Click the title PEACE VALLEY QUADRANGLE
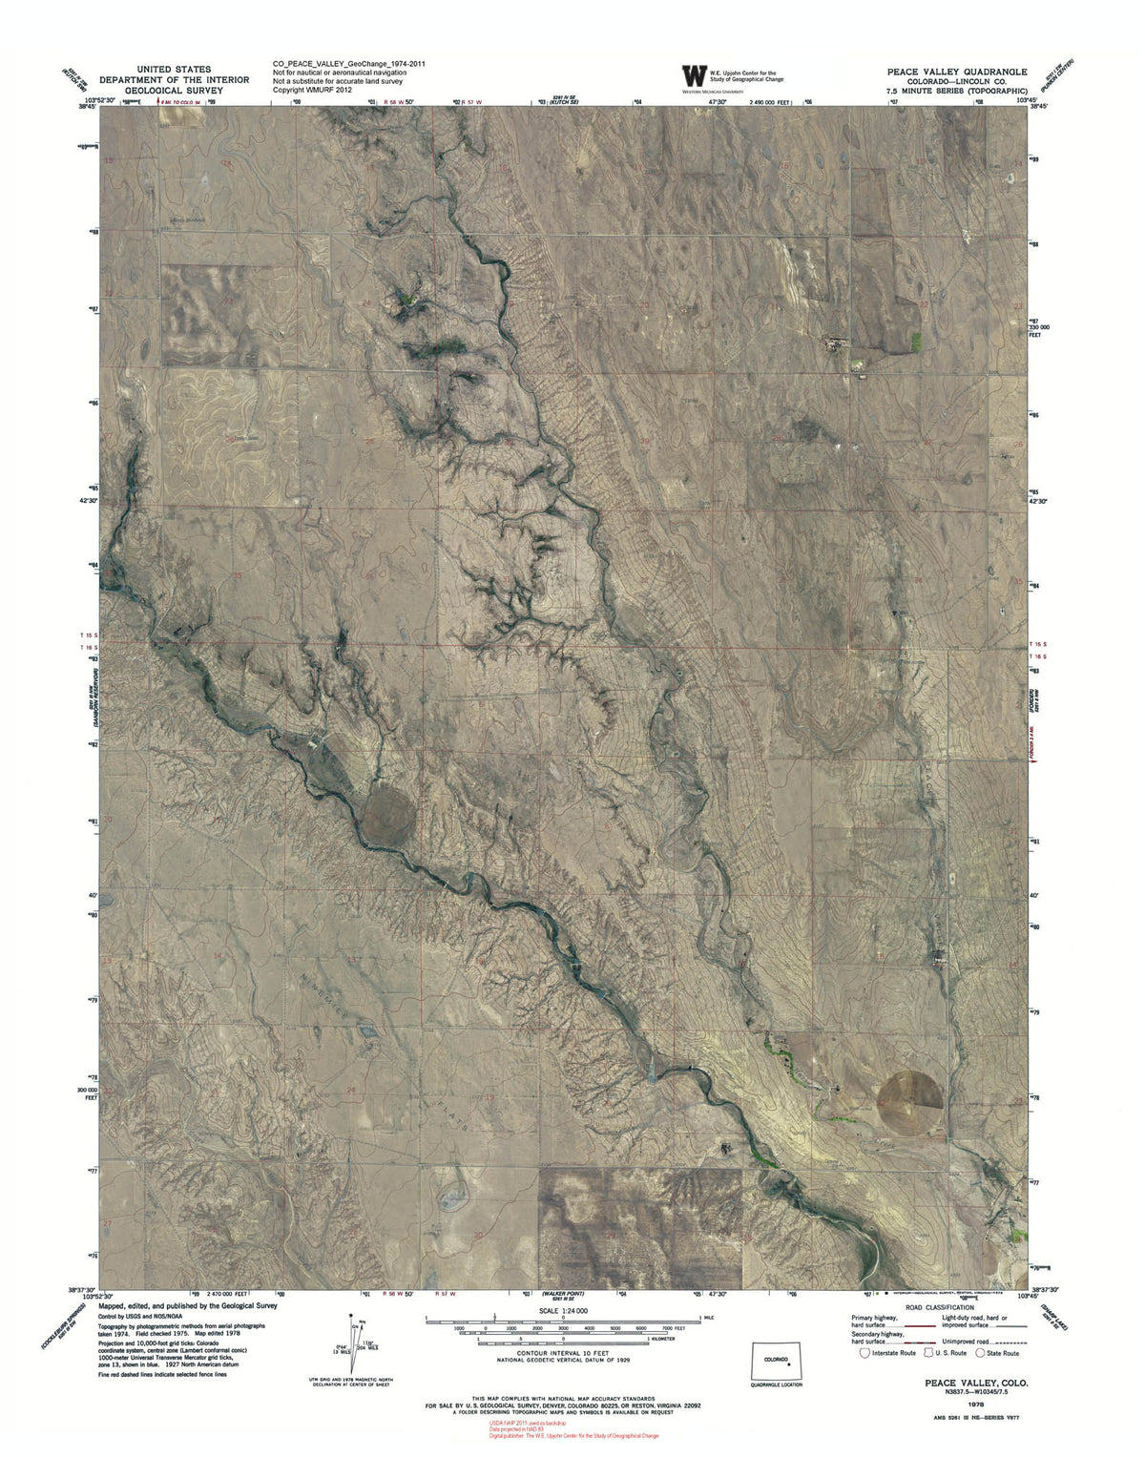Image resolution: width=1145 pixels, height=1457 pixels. point(956,72)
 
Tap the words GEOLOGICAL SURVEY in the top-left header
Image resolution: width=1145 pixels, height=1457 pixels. point(175,91)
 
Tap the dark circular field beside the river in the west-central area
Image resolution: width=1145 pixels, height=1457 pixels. point(387,811)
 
